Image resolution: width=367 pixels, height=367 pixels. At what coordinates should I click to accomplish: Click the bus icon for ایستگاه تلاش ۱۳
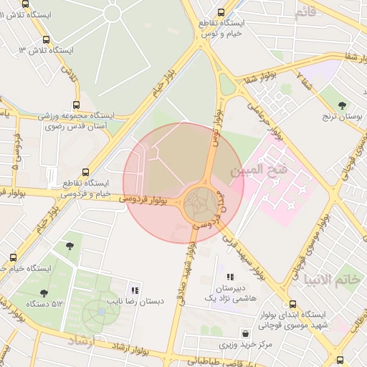[47, 39]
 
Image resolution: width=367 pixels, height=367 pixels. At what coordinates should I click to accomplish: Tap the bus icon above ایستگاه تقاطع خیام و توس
[221, 11]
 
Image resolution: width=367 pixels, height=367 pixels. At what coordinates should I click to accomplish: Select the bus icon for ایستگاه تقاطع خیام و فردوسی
[86, 172]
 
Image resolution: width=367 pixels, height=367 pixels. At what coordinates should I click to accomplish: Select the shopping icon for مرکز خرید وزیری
[247, 333]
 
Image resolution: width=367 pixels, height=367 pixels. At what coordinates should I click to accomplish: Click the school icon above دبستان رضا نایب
[135, 290]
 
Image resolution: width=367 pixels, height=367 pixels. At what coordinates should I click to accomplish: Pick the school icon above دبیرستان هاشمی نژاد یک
[230, 276]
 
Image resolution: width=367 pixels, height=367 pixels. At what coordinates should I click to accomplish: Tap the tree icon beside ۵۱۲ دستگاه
[44, 292]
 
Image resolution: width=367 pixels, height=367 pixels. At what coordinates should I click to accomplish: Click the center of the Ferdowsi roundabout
[200, 205]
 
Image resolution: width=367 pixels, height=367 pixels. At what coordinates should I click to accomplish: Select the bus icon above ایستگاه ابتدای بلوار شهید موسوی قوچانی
[292, 304]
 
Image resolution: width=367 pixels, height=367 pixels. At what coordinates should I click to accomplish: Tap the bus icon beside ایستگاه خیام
[14, 257]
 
